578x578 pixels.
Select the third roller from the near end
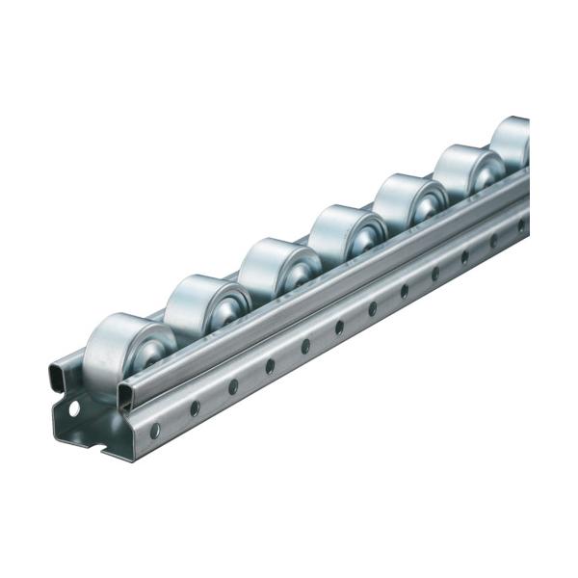[270, 269]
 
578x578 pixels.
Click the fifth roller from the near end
[406, 201]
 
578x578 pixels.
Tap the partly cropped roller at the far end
[511, 141]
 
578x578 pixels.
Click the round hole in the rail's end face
[75, 408]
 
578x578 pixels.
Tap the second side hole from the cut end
[196, 407]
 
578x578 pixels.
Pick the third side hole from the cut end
[233, 386]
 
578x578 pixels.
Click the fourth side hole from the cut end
[271, 366]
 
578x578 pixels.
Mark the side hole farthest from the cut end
[521, 225]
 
